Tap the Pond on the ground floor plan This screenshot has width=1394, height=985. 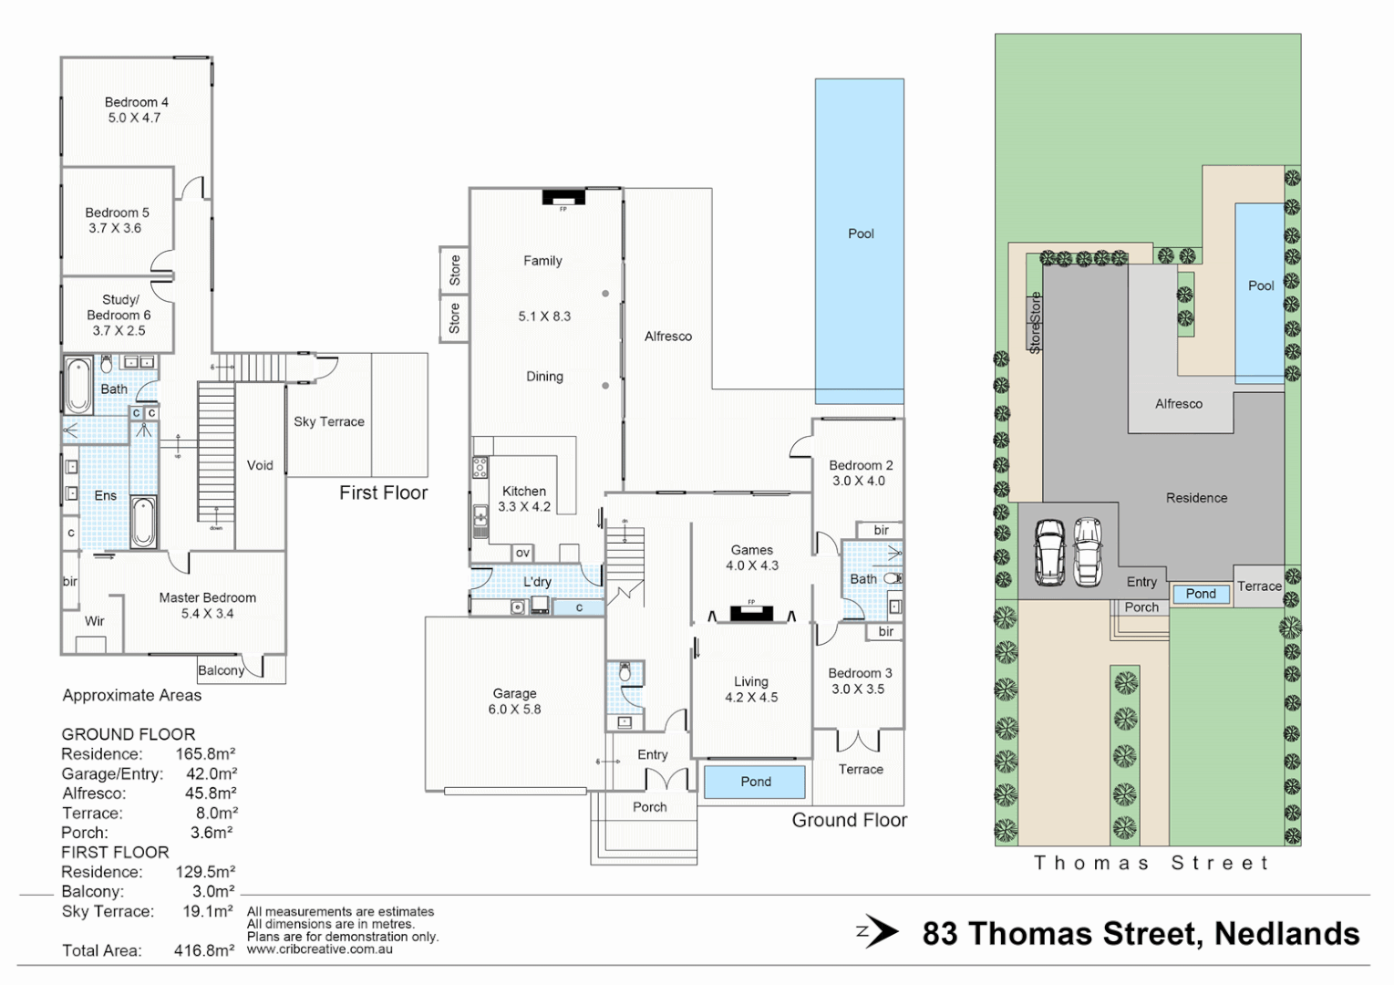point(755,782)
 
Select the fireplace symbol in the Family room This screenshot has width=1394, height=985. point(563,197)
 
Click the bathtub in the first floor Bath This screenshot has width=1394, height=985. point(78,387)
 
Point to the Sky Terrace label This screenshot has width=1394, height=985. point(328,421)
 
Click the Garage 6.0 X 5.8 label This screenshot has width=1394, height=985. point(514,701)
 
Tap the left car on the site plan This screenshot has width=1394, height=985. point(1050,553)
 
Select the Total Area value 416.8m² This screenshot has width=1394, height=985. point(204,950)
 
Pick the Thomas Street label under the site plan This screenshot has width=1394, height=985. point(1151,863)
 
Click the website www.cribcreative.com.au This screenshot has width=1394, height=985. point(319,949)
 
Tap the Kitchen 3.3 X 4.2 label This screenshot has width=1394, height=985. point(524,499)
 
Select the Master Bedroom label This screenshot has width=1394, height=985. point(207,606)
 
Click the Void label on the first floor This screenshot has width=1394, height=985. point(260,465)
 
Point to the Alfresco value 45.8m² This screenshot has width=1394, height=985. point(210,793)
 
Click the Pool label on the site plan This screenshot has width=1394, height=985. point(1260,285)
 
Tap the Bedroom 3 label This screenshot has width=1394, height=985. point(859,680)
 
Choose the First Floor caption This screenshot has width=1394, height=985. point(383,493)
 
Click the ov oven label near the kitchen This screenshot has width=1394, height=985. point(522,553)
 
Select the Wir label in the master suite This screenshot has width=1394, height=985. point(95,621)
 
